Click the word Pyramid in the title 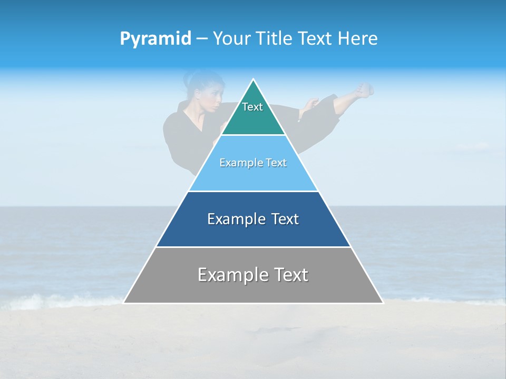[x=155, y=39]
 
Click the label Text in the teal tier [x=252, y=107]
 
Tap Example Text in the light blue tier [x=253, y=163]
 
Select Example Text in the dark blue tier [x=253, y=219]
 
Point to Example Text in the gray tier [x=253, y=275]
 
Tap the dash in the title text [x=201, y=39]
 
